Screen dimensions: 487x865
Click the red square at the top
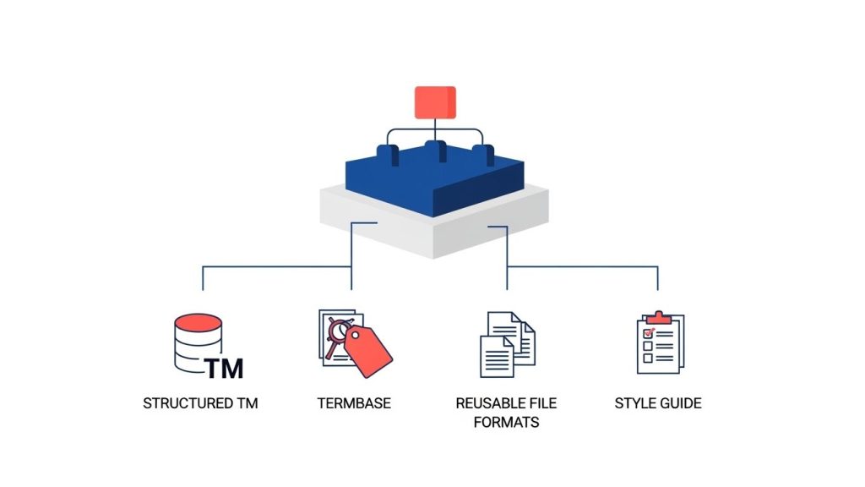pyautogui.click(x=435, y=101)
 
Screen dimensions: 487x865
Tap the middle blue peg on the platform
pyautogui.click(x=435, y=152)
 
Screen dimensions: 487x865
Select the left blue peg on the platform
pyautogui.click(x=387, y=156)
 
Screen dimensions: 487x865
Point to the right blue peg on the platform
pyautogui.click(x=482, y=156)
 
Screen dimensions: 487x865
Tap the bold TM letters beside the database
pyautogui.click(x=224, y=368)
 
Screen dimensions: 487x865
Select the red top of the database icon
pyautogui.click(x=198, y=322)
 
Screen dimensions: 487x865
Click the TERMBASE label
pyautogui.click(x=354, y=403)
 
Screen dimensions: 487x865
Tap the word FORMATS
pyautogui.click(x=506, y=422)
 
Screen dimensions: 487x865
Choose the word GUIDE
pyautogui.click(x=682, y=403)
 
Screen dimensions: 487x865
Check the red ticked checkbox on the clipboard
pyautogui.click(x=648, y=333)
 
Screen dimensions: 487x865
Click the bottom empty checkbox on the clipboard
pyautogui.click(x=648, y=358)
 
